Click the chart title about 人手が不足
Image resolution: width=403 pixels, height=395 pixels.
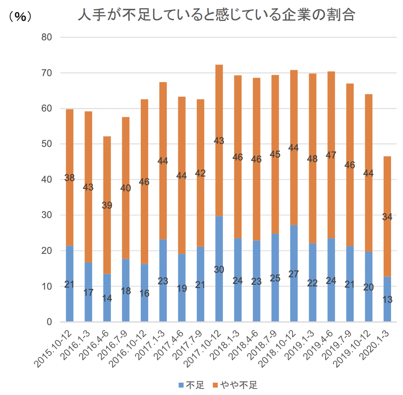[x=217, y=16]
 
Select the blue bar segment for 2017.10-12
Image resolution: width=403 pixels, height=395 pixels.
[x=219, y=288]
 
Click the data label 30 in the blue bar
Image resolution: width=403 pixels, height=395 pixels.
[x=219, y=270]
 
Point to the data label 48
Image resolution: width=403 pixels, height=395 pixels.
[x=312, y=159]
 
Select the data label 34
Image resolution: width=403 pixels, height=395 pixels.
[x=387, y=217]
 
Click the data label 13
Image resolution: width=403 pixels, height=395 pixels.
[x=387, y=300]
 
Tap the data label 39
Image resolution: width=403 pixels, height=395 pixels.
[x=107, y=205]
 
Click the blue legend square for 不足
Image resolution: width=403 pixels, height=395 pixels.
[x=181, y=385]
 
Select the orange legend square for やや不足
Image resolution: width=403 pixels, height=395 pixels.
[x=215, y=385]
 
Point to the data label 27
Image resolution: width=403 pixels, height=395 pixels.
[x=294, y=274]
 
